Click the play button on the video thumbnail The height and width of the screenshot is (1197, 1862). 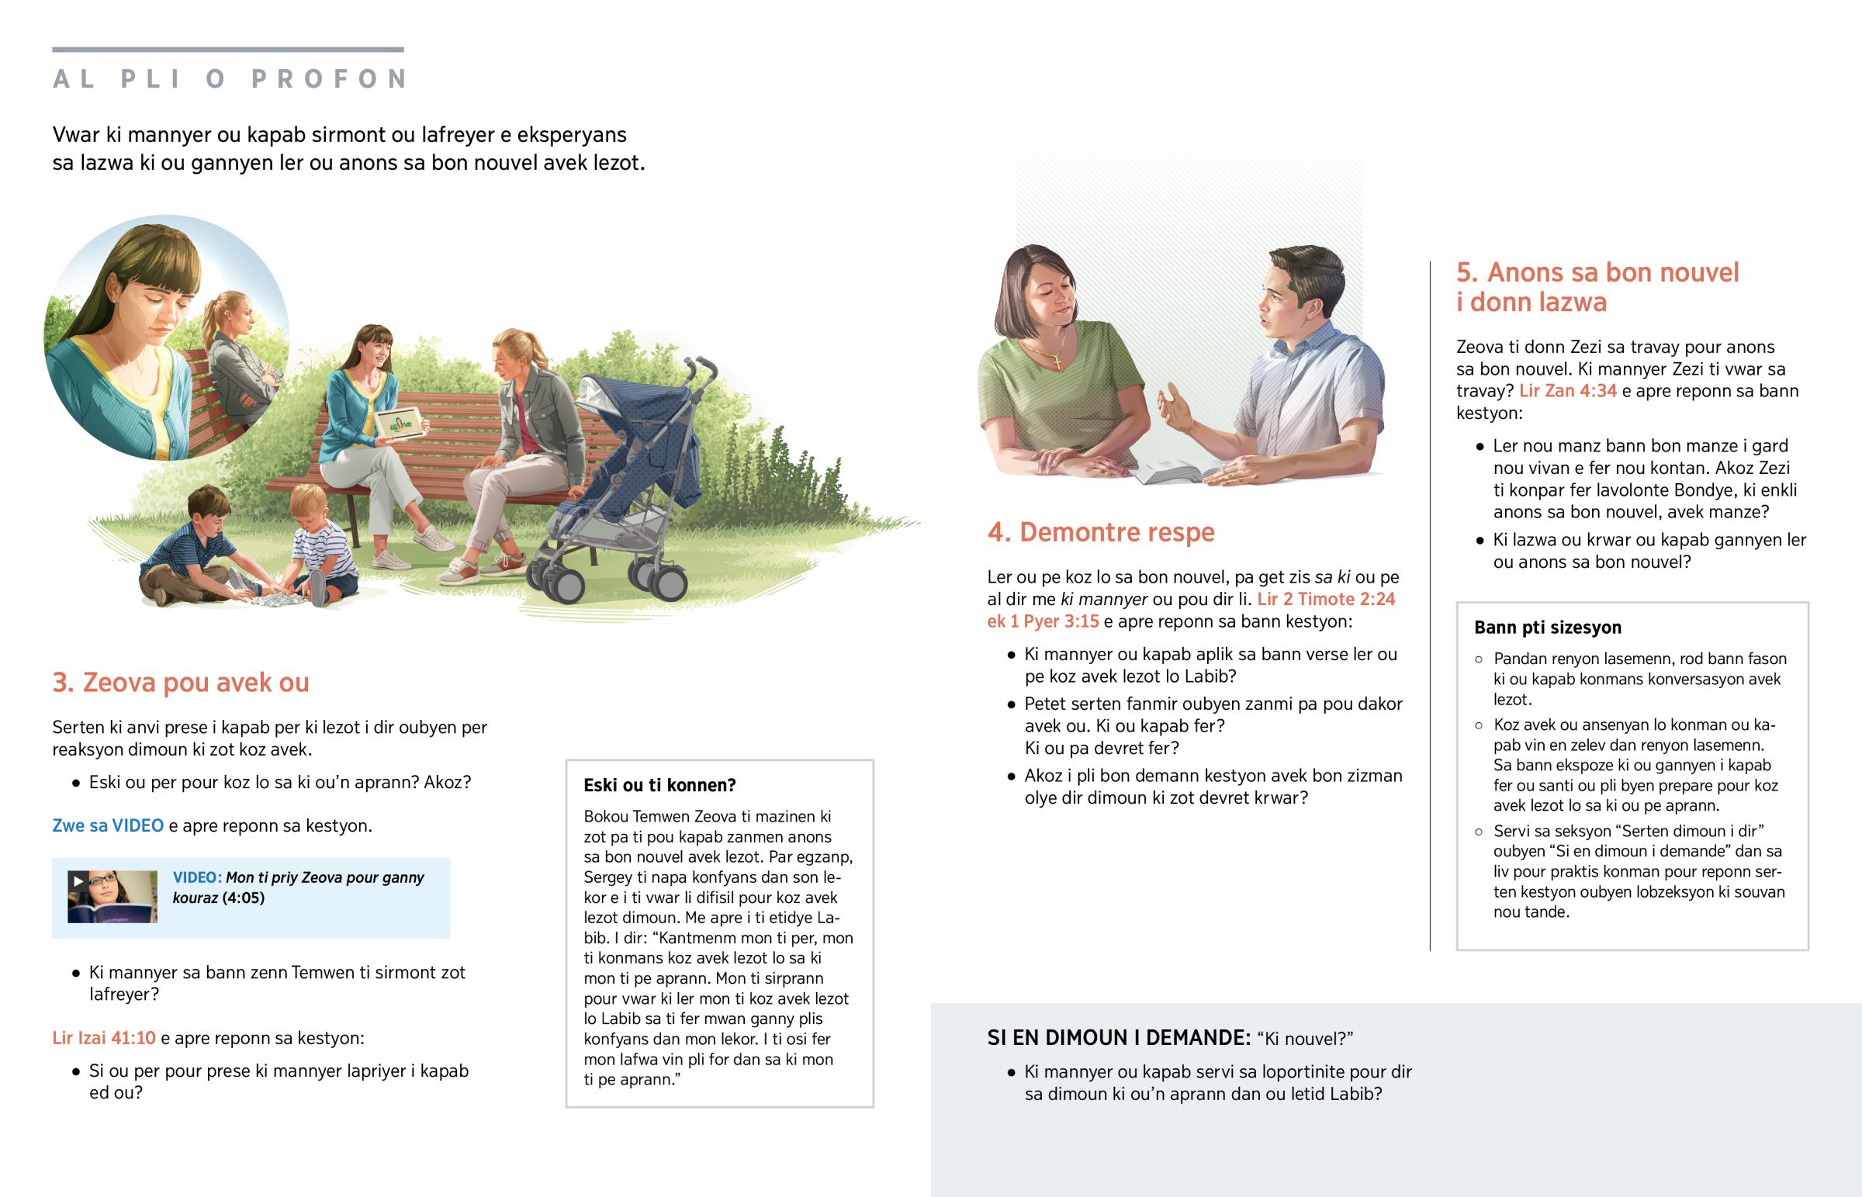[x=78, y=880]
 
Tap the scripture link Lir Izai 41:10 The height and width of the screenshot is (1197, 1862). [x=104, y=1038]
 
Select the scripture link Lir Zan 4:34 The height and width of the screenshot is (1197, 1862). [x=1567, y=391]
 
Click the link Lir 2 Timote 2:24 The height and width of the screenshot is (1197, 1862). [x=1326, y=600]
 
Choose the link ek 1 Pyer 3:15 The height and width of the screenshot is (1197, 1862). [x=1043, y=621]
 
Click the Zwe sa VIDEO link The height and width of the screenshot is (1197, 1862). [x=108, y=825]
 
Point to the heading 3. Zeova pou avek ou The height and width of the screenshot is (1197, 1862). [x=180, y=683]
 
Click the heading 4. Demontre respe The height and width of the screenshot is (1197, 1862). [x=1100, y=532]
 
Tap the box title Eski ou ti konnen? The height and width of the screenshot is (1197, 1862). [x=659, y=785]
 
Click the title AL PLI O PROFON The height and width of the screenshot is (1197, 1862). [x=230, y=78]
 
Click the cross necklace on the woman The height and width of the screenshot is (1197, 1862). [x=1057, y=360]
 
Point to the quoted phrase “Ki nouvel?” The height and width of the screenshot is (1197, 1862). [x=1305, y=1039]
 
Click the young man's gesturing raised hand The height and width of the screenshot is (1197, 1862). [x=1175, y=407]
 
